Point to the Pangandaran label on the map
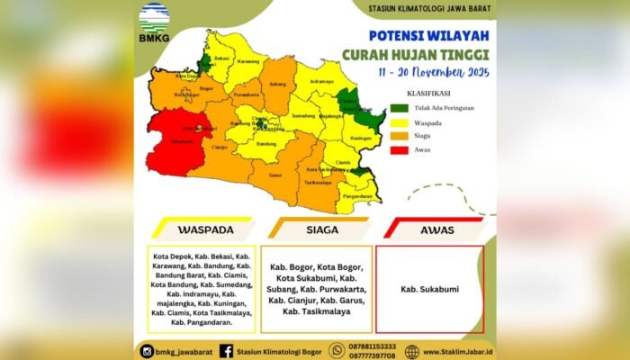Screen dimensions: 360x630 click(359, 195)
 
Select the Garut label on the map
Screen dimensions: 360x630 click(276, 175)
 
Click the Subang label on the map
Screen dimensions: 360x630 click(277, 84)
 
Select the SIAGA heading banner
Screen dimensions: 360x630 click(321, 229)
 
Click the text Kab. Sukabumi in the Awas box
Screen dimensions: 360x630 click(429, 290)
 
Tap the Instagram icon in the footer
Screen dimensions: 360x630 click(147, 351)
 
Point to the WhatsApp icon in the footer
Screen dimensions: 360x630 click(337, 351)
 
